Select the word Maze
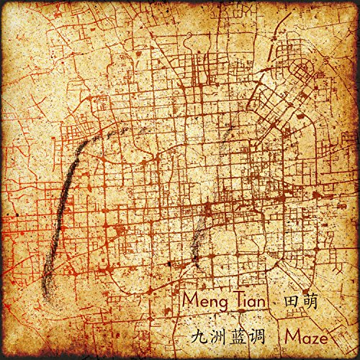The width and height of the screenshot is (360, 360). coord(307,336)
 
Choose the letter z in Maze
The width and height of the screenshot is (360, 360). coord(313,338)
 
